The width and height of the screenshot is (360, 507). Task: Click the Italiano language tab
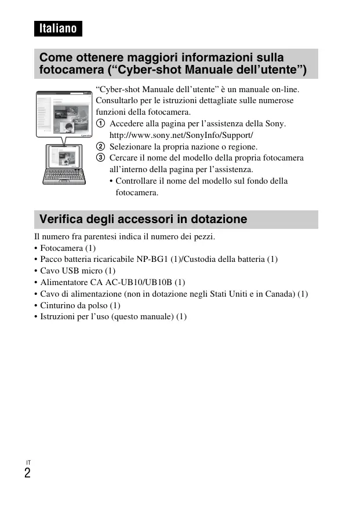point(58,28)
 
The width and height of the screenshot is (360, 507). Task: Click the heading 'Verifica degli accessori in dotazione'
point(143,219)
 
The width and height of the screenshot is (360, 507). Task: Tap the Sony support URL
point(181,135)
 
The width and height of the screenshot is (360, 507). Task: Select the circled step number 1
point(100,124)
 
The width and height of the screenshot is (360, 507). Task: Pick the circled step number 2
point(100,147)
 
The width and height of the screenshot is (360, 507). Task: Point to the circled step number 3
point(100,158)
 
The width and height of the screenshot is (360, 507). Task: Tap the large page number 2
point(28,473)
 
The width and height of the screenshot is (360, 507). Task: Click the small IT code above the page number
point(28,462)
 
